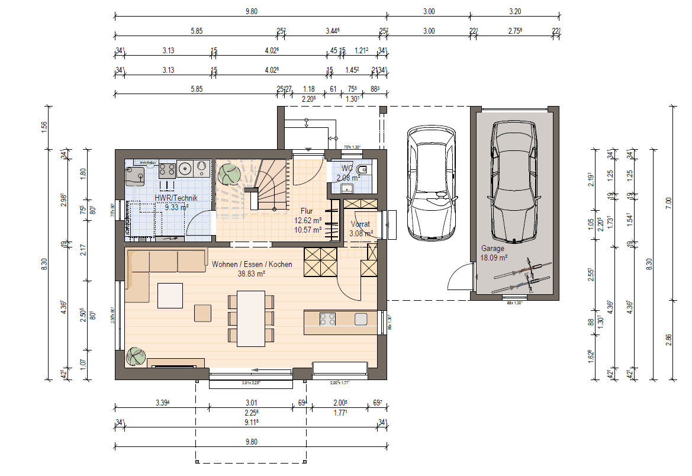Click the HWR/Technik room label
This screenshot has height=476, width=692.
[x=176, y=198]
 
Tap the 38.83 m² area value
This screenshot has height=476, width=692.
[x=252, y=274]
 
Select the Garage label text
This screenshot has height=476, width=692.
[x=493, y=249]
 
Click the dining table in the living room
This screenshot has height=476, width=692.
[x=251, y=317]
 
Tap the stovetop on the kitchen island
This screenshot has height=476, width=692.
[x=327, y=320]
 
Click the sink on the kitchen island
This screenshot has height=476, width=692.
[x=361, y=320]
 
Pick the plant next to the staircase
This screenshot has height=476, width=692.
[x=228, y=174]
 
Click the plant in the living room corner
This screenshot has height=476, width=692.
[x=136, y=356]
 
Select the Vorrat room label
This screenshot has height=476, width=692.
[x=360, y=224]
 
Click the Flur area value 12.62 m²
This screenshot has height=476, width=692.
[x=308, y=220]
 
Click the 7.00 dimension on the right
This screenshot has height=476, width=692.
[x=668, y=203]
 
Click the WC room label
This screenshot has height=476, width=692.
[x=347, y=168]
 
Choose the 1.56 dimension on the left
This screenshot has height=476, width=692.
[x=44, y=127]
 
